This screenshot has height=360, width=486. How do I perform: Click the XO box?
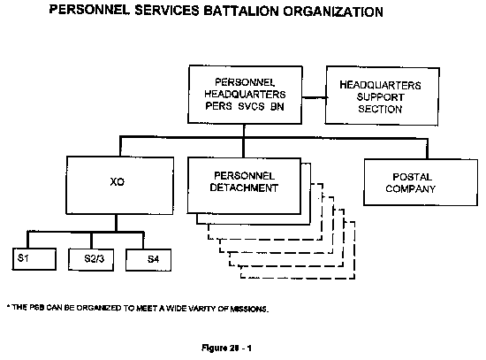coord(119,185)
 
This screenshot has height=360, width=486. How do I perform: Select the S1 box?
coord(34,259)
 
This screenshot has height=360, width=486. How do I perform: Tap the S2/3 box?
coord(91,260)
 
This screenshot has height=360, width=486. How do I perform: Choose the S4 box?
coord(148,260)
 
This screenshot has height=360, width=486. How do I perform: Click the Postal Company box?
coord(421,182)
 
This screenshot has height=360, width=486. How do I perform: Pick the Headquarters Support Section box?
coord(382,96)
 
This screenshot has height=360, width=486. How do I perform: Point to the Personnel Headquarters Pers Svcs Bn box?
coord(245,95)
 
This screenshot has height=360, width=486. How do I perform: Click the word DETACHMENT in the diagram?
coord(244,188)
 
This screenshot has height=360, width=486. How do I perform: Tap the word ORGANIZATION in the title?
coord(333,11)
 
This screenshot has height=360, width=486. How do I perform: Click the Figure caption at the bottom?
coord(226,349)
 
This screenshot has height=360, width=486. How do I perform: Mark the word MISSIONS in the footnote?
coord(249,309)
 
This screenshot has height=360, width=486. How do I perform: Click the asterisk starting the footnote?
coord(8,307)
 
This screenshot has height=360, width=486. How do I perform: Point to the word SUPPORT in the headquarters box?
coord(380,97)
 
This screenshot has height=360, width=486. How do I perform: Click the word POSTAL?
coord(412,177)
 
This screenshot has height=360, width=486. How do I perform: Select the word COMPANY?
coord(410,188)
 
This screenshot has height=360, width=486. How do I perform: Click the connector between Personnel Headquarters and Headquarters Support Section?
coord(314,98)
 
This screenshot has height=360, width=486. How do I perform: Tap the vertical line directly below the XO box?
coord(117,223)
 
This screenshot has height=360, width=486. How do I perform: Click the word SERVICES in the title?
coord(167,11)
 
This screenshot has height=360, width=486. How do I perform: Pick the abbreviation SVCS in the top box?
coord(251,106)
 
